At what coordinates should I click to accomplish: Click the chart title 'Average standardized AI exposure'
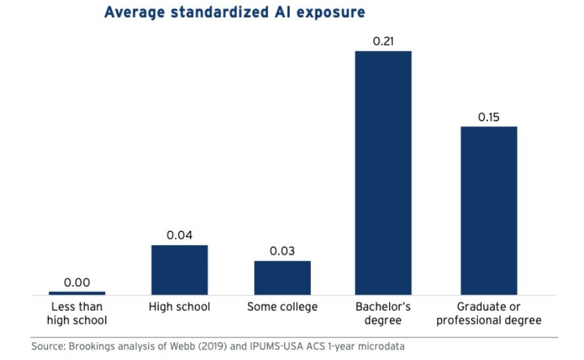(x=234, y=13)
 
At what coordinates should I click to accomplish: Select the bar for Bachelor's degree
(x=383, y=172)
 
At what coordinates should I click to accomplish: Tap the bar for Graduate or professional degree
(x=489, y=211)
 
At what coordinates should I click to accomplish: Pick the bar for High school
(x=179, y=270)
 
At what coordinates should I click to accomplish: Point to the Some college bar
(x=282, y=278)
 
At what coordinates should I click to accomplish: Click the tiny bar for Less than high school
(x=77, y=293)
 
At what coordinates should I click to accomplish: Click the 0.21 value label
(x=383, y=41)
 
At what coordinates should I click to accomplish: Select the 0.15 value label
(x=489, y=117)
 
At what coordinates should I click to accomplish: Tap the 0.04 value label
(x=179, y=236)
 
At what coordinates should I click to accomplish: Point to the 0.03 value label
(x=282, y=251)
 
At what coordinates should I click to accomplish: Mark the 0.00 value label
(x=77, y=282)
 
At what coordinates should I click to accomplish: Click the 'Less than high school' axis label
(x=77, y=313)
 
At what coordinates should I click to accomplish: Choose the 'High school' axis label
(x=179, y=307)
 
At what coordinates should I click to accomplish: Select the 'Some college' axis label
(x=282, y=307)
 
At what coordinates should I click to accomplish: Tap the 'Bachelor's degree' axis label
(x=383, y=313)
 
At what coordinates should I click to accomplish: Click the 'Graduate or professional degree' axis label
(x=489, y=313)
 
